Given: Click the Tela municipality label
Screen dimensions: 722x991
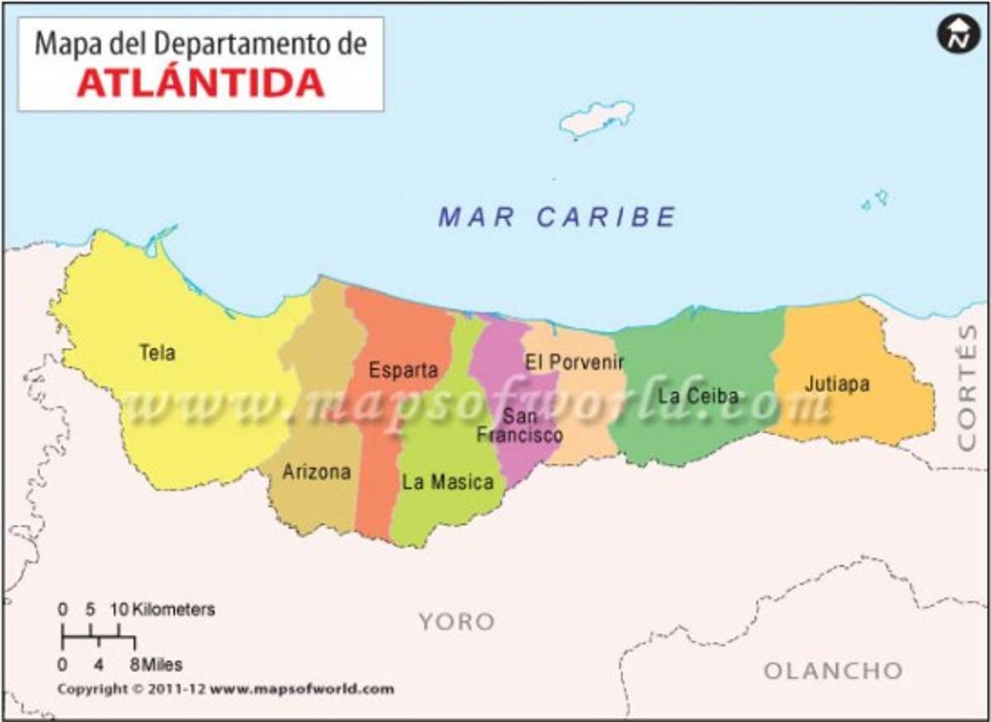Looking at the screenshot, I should point(157,353).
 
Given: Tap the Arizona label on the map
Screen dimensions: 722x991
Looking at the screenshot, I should point(316,472).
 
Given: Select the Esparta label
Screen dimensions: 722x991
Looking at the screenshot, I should point(403,369).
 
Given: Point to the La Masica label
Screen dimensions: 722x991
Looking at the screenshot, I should point(448,482).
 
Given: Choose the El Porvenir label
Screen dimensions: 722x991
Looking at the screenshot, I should point(574,362).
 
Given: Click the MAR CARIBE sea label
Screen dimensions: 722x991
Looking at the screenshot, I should point(557,217).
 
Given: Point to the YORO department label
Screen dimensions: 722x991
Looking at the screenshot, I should point(456,621).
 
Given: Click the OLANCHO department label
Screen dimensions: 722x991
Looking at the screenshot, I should point(832,670).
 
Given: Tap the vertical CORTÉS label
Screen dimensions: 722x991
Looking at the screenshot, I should point(966,387).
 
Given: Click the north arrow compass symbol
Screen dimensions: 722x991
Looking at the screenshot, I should point(957,36).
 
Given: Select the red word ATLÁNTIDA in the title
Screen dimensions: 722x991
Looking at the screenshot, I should point(201,83).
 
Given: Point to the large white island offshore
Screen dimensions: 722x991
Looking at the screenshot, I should point(596,117).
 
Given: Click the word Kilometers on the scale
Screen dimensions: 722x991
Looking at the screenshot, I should point(173,610).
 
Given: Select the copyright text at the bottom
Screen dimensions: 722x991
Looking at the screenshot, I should point(225,689).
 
